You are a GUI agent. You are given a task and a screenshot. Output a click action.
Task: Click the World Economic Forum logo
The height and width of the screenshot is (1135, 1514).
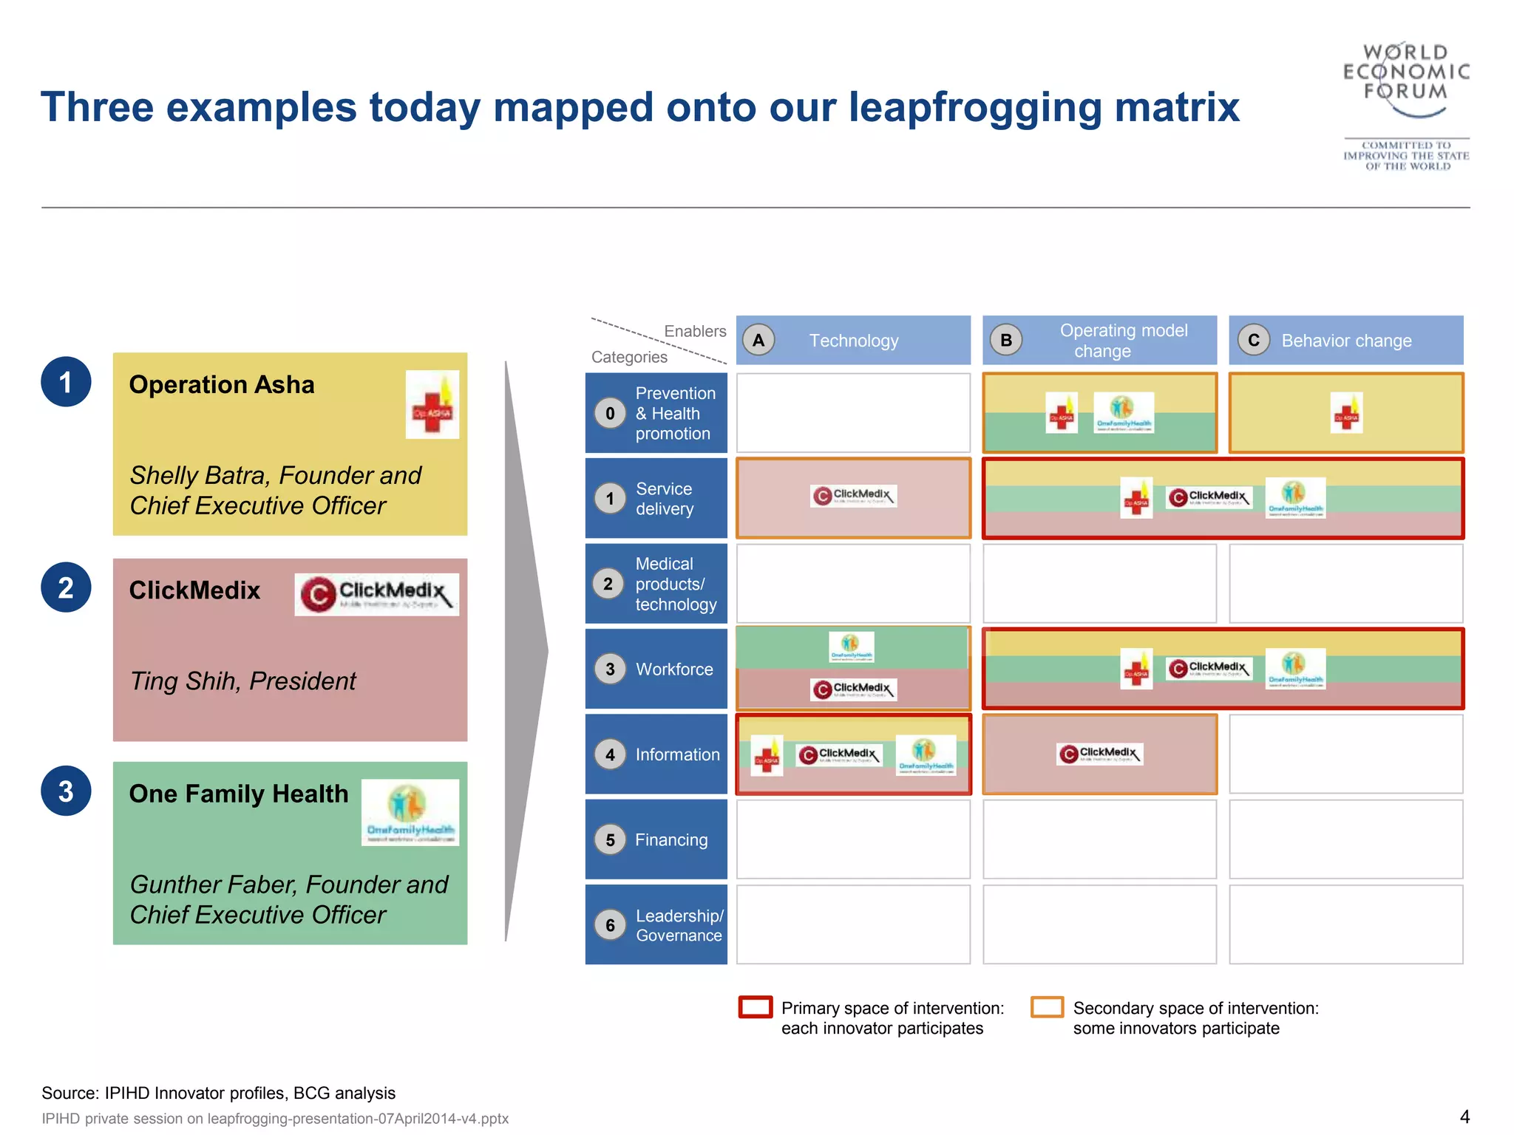[x=1405, y=105]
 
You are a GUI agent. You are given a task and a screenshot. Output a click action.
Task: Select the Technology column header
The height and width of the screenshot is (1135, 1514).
[x=853, y=341]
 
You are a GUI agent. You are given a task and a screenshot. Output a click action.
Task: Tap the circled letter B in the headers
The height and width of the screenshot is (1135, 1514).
[x=1006, y=341]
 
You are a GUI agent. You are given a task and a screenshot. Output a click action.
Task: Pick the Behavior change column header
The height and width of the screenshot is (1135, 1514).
[x=1345, y=341]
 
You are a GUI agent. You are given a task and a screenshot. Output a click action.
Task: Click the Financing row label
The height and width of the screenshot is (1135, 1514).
[x=671, y=840]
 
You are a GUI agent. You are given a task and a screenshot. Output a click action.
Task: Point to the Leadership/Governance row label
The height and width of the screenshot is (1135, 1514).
[x=678, y=925]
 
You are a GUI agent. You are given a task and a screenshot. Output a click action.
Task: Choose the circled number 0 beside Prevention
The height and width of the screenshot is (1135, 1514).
[x=610, y=414]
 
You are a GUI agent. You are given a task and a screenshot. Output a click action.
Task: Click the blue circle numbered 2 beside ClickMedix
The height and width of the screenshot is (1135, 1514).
[x=66, y=587]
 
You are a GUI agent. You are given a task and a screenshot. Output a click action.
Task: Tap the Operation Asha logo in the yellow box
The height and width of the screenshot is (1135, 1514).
[x=432, y=405]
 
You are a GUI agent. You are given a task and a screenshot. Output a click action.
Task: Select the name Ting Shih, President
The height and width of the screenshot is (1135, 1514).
[x=242, y=681]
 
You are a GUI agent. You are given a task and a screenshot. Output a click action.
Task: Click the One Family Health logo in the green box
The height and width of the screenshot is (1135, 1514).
[x=410, y=812]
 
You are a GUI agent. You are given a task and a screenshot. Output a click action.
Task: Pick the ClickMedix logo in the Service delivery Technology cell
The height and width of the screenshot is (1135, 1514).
[x=853, y=496]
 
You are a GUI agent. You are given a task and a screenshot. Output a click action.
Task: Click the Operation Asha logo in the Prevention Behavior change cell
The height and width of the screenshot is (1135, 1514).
[x=1346, y=412]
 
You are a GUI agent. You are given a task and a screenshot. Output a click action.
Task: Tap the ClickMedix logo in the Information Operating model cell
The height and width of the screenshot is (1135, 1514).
[x=1100, y=754]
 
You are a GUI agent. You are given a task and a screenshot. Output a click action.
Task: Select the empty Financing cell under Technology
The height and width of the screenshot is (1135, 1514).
[x=853, y=840]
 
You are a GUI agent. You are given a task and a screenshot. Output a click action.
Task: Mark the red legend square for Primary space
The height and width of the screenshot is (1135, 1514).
[x=755, y=1008]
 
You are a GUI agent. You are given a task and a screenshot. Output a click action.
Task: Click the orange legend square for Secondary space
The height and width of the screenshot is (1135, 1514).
[x=1047, y=1008]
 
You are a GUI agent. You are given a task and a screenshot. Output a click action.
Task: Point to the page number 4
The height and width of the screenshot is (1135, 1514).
[x=1464, y=1117]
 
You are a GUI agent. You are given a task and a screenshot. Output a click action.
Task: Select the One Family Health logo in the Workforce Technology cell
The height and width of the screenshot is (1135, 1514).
[x=851, y=647]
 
